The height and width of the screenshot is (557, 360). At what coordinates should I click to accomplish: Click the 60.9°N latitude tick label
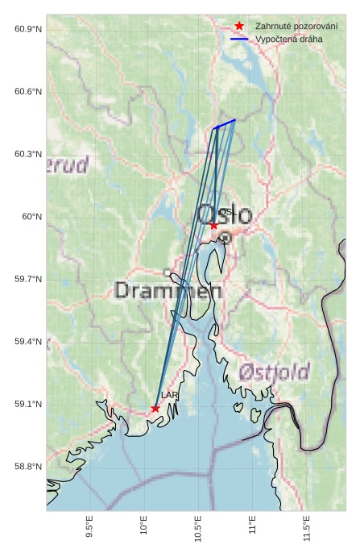tap(28, 30)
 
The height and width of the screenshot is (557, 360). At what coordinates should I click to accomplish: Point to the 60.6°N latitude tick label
tap(28, 92)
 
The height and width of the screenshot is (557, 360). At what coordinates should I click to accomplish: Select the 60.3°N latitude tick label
tap(28, 154)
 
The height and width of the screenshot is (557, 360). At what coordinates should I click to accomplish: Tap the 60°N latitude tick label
tap(31, 217)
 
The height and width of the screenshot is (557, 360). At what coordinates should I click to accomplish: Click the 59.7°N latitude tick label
tap(28, 280)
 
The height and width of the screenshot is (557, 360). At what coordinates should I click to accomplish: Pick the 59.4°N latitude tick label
tap(28, 342)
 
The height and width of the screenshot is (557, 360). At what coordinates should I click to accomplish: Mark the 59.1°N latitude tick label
tap(28, 405)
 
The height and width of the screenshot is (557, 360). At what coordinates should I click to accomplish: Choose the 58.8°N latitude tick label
tap(28, 467)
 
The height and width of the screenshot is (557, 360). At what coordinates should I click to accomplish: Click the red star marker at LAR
tap(155, 409)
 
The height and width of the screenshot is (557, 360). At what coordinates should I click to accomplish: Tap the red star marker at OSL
tap(213, 225)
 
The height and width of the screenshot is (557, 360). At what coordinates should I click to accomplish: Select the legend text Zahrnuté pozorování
tap(296, 26)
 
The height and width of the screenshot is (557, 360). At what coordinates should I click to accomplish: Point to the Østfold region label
tap(275, 372)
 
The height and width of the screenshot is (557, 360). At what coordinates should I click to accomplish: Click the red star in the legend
tap(239, 26)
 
